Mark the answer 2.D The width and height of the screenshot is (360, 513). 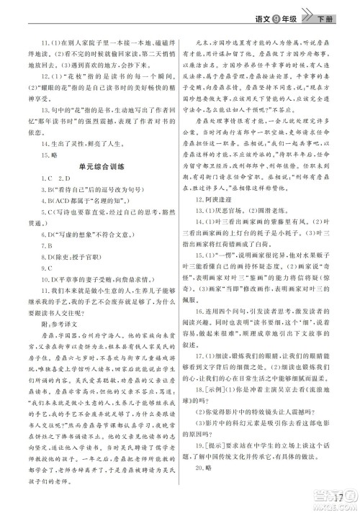click(62, 197)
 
